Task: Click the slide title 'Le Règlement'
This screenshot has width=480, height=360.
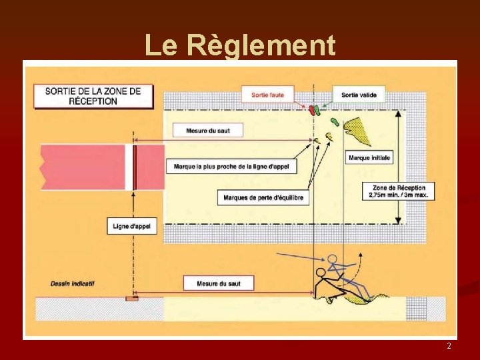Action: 240,45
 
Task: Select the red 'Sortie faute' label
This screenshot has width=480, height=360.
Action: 267,95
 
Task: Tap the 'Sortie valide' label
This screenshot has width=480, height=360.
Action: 359,95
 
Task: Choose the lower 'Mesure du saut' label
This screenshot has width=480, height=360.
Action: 218,283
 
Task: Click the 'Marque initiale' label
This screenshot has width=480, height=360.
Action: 369,158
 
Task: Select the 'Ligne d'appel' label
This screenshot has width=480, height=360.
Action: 131,226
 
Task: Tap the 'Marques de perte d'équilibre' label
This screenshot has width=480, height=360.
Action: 263,197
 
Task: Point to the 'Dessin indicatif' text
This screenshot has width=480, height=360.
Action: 73,283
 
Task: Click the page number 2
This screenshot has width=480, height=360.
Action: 449,346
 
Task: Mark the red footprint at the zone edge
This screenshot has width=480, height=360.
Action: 311,110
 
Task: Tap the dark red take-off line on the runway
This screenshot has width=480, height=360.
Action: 134,167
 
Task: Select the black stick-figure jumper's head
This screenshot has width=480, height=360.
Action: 321,272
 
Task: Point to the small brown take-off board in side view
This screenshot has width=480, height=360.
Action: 132,298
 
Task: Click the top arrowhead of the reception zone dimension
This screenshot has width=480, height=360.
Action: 398,112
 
